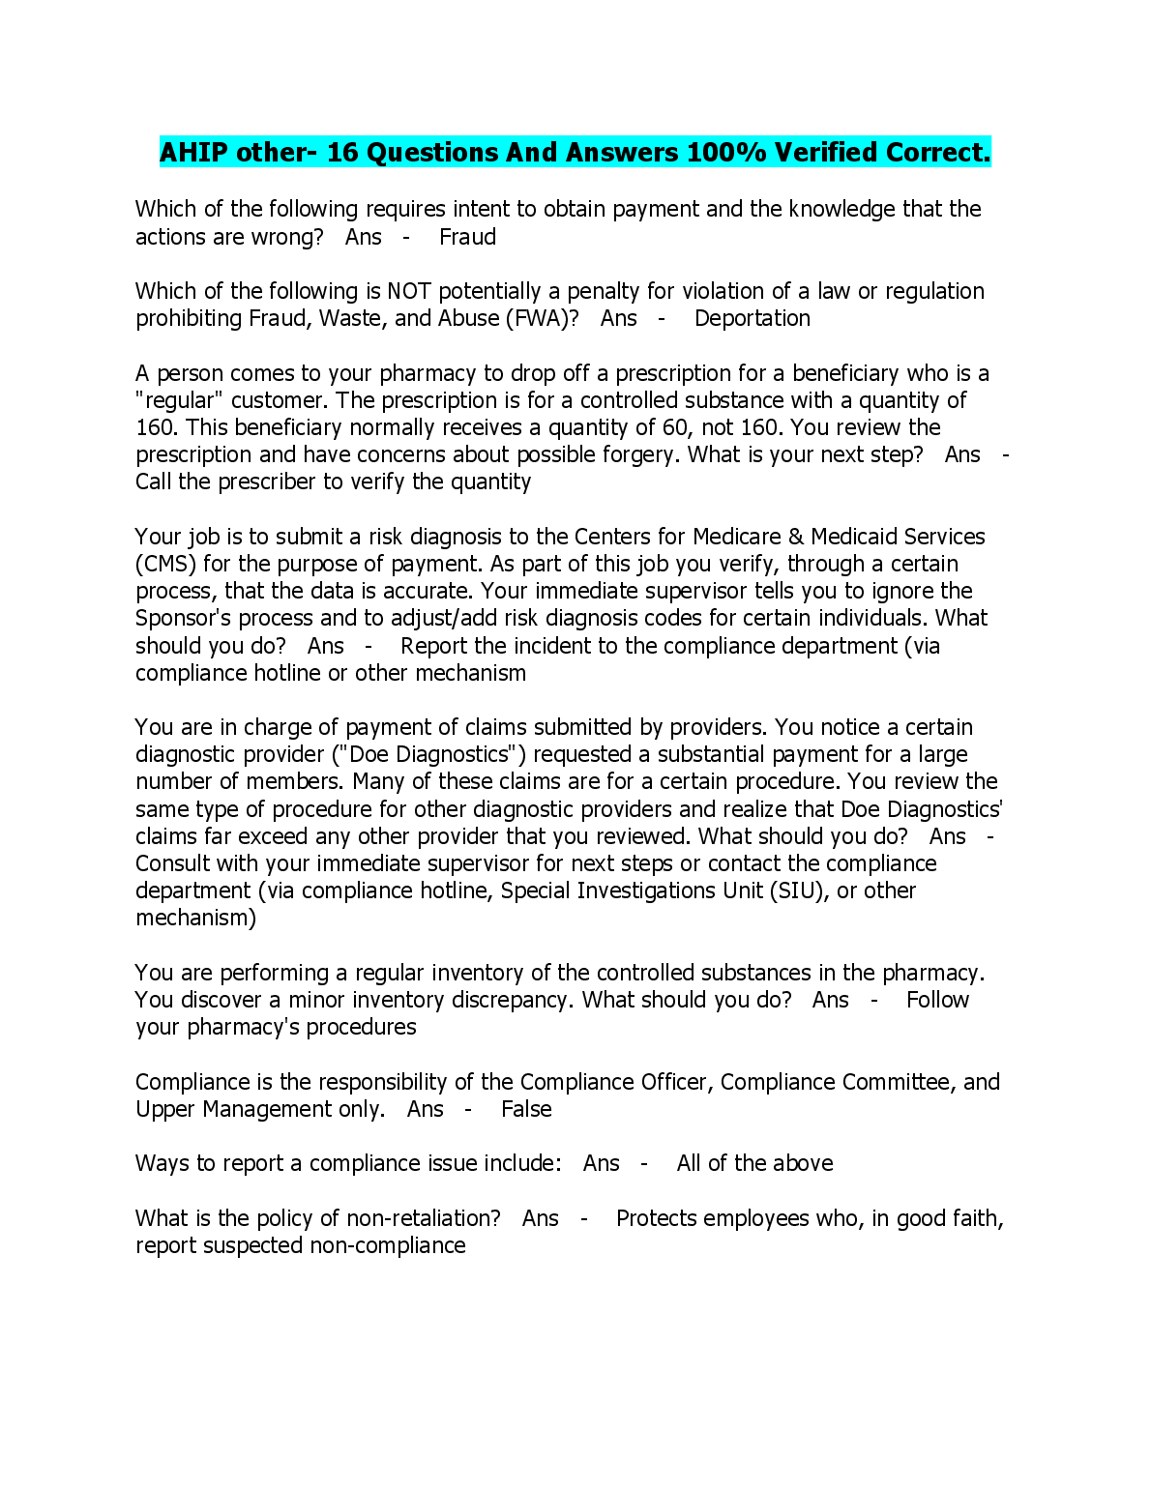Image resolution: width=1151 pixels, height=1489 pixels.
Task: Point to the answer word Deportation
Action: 753,318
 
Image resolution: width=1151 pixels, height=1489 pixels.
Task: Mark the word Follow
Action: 937,1000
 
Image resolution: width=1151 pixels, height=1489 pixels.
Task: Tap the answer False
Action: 526,1109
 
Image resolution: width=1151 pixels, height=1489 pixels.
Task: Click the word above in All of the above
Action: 804,1163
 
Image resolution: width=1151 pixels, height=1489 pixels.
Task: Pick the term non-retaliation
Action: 424,1218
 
